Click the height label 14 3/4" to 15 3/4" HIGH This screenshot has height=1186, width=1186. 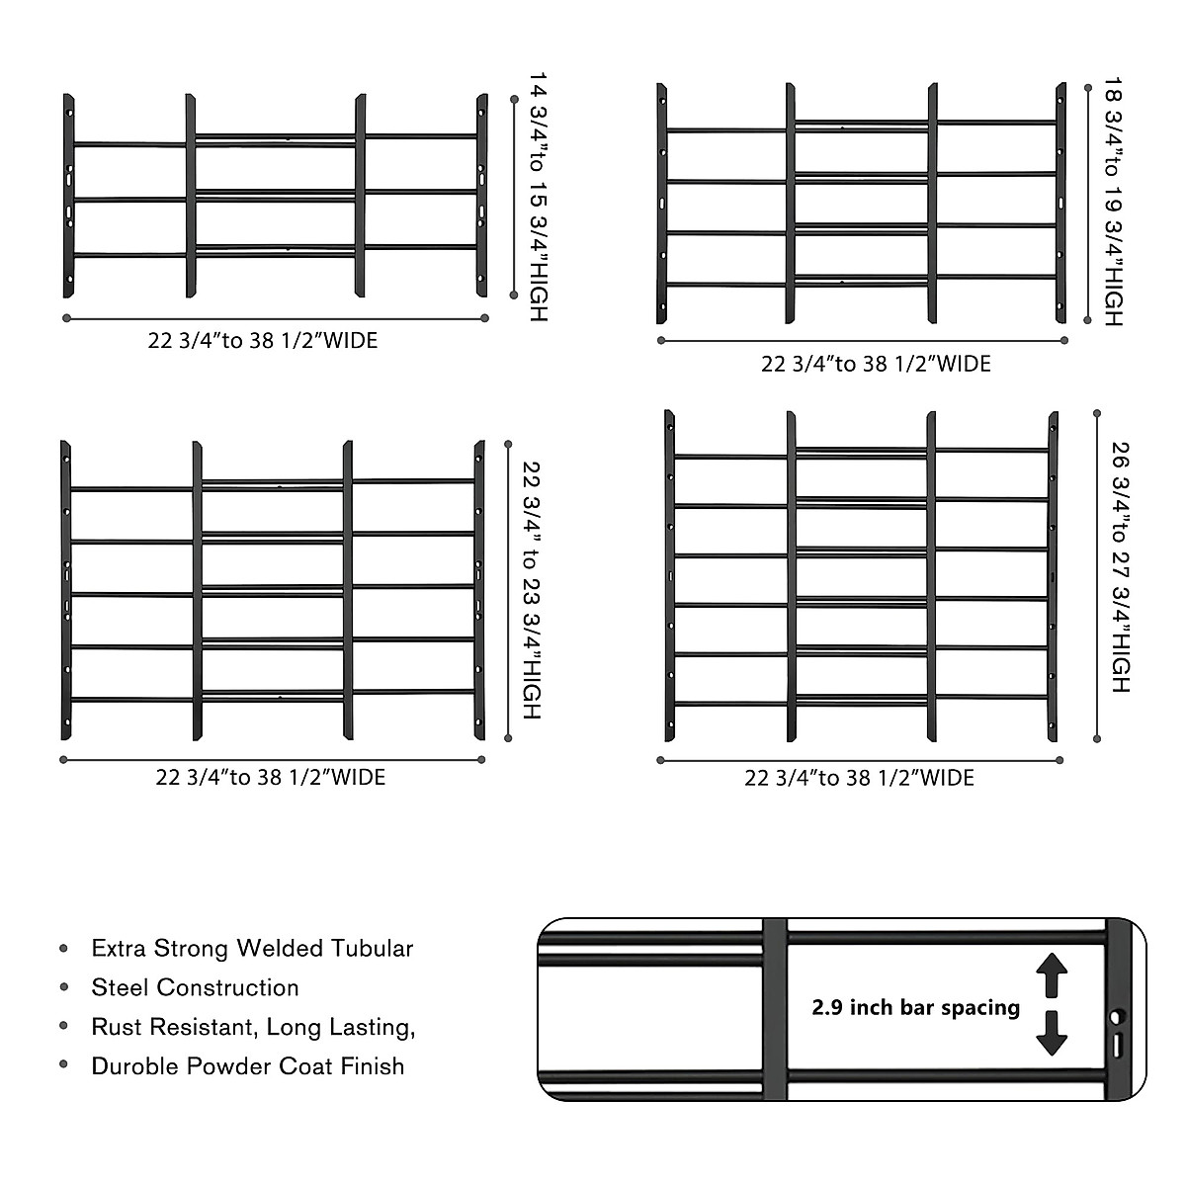(537, 196)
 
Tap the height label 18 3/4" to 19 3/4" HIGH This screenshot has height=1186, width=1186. (1113, 203)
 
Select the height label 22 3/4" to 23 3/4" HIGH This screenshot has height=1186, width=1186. (532, 590)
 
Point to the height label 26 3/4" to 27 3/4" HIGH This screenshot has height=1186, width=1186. (1120, 566)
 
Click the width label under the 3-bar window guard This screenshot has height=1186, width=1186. (263, 341)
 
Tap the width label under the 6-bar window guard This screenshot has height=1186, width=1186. (859, 779)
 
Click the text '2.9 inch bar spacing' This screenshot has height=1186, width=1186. (915, 1008)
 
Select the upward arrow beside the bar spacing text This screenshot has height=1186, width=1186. (1052, 974)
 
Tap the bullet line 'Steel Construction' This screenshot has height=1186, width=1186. (195, 988)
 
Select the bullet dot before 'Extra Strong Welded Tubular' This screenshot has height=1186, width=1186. (64, 949)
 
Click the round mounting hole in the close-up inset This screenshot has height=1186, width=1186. (1117, 1016)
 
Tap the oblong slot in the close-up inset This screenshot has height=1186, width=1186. (1117, 1045)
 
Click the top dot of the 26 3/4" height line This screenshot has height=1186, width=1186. (1097, 413)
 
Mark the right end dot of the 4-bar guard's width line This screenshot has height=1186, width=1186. (1064, 340)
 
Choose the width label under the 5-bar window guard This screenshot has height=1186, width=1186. (270, 778)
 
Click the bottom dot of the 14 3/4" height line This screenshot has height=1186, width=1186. (513, 295)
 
